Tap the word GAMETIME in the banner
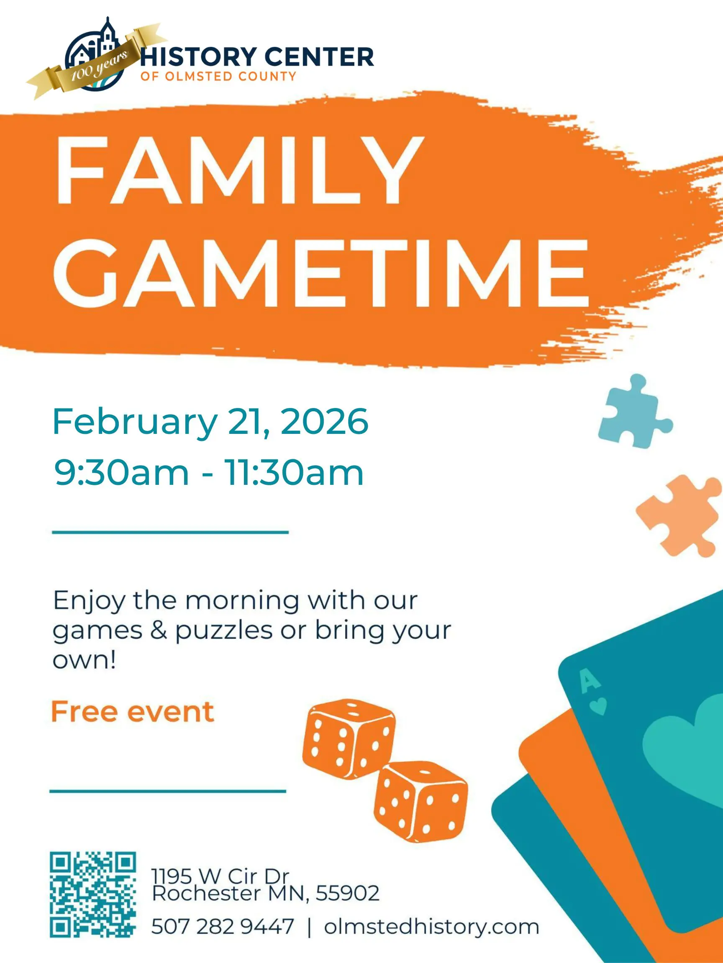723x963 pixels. click(322, 273)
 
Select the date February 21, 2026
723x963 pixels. click(210, 422)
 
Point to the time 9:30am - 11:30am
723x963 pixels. click(209, 473)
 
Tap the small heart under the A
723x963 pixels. click(598, 707)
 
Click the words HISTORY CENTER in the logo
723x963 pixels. click(257, 57)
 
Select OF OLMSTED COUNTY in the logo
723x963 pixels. click(218, 76)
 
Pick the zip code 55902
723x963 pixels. click(347, 893)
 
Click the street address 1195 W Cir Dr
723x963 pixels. click(220, 876)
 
